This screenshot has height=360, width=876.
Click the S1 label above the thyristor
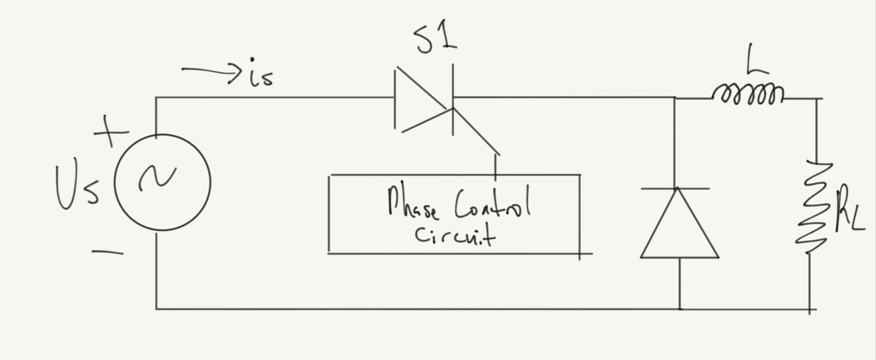pyautogui.click(x=436, y=40)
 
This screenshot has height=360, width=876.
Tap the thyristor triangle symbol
pyautogui.click(x=420, y=101)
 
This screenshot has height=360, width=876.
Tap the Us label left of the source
pyautogui.click(x=78, y=188)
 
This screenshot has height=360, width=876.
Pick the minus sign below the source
pyautogui.click(x=107, y=252)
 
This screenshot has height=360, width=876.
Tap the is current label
pyautogui.click(x=261, y=77)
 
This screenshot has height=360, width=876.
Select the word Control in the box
pyautogui.click(x=492, y=204)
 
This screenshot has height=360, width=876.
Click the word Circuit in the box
pyautogui.click(x=454, y=235)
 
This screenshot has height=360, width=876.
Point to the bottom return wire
pyautogui.click(x=398, y=309)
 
